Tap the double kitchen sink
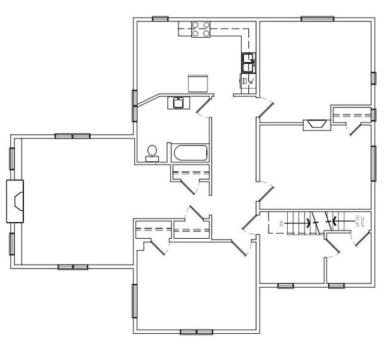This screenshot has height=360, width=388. pyautogui.click(x=248, y=60)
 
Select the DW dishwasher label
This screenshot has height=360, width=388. pyautogui.click(x=248, y=81)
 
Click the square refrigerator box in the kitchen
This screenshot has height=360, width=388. pyautogui.click(x=198, y=82)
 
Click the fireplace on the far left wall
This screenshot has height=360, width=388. pyautogui.click(x=17, y=201)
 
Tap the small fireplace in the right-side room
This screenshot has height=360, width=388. pyautogui.click(x=315, y=124)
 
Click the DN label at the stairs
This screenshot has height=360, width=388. pyautogui.click(x=280, y=224)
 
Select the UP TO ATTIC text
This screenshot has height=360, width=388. pyautogui.click(x=359, y=221)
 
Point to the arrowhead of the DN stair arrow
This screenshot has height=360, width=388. pyautogui.click(x=308, y=224)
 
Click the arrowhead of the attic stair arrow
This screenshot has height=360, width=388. pyautogui.click(x=335, y=221)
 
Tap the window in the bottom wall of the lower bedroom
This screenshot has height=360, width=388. pyautogui.click(x=196, y=331)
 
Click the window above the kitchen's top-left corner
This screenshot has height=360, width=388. pyautogui.click(x=160, y=19)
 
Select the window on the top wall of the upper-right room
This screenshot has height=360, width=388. pyautogui.click(x=317, y=19)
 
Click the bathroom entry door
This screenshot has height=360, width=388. pyautogui.click(x=203, y=108)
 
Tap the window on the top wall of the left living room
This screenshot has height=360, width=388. pyautogui.click(x=72, y=136)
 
